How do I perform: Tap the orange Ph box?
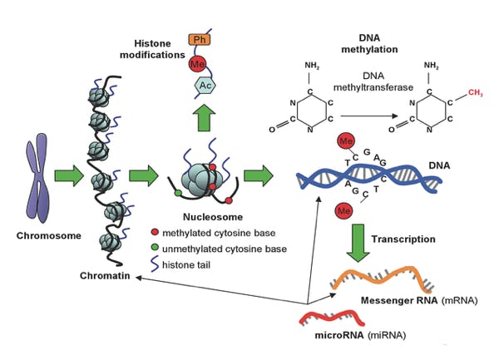coord(199,40)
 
